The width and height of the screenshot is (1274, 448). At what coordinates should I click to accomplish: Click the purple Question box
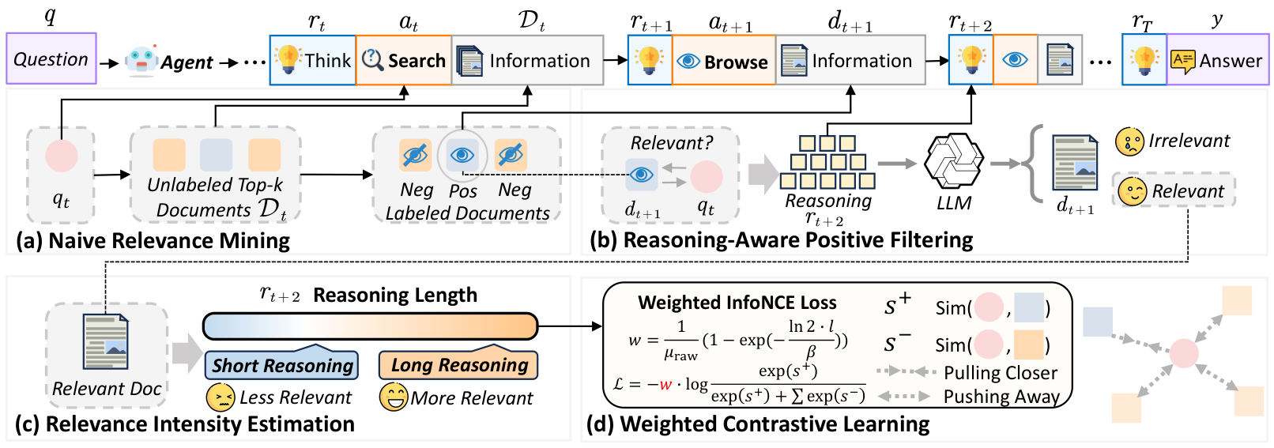click(51, 59)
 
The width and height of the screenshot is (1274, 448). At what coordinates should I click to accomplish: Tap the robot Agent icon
click(141, 60)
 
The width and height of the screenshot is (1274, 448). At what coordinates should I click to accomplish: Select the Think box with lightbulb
click(313, 60)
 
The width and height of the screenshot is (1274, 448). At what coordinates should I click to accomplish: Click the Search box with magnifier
click(404, 60)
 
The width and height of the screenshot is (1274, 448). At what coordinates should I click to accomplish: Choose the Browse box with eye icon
click(723, 61)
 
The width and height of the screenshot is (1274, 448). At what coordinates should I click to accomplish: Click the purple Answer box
click(1218, 60)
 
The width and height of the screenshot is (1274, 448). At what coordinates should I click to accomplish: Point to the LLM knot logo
click(953, 162)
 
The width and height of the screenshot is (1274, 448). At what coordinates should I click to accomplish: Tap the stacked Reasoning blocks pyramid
click(827, 163)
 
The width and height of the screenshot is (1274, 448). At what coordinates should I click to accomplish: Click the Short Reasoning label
click(282, 365)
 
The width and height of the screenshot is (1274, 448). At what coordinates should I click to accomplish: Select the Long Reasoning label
click(459, 364)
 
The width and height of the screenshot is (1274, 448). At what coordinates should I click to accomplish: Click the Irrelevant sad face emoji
click(1129, 142)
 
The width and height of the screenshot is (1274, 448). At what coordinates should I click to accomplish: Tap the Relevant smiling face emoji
click(1132, 191)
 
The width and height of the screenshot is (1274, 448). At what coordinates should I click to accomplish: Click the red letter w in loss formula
click(665, 385)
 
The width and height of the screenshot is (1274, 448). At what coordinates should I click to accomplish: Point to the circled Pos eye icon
click(462, 156)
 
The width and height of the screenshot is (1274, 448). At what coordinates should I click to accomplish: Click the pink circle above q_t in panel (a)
click(61, 156)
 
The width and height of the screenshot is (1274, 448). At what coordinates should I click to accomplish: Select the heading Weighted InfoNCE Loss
click(737, 303)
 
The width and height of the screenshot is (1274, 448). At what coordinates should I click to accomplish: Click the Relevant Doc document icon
click(106, 342)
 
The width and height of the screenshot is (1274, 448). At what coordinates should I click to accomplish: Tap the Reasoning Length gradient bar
click(370, 326)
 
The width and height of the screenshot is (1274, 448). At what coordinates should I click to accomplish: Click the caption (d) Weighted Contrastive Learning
click(758, 424)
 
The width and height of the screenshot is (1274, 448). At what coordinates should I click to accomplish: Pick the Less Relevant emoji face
click(220, 397)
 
